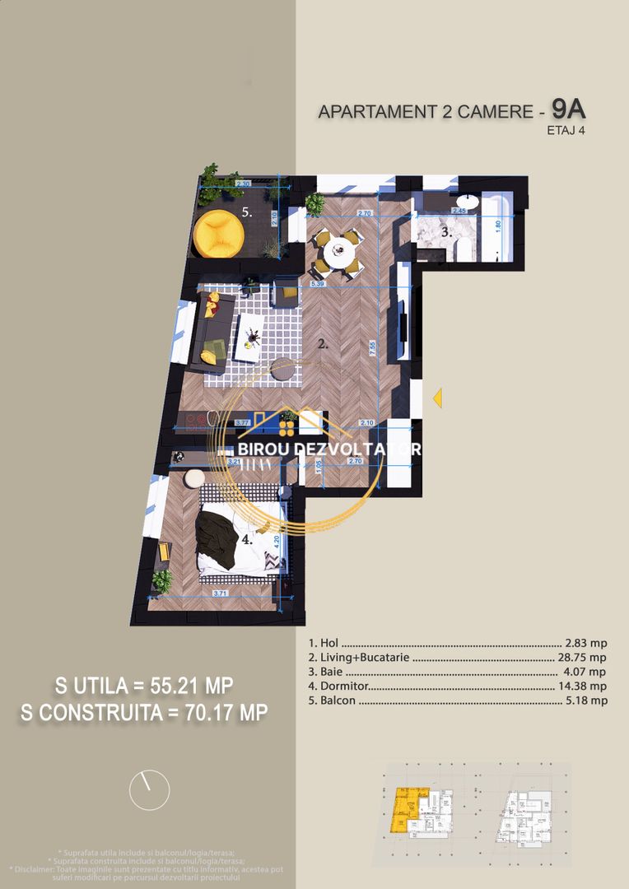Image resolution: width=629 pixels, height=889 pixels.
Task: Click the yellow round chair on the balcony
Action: [218, 234]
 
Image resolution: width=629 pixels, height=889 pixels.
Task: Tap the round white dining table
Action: [338, 253]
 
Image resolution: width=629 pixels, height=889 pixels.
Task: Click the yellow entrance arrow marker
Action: [438, 398]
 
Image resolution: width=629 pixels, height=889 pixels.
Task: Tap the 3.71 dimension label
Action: [220, 592]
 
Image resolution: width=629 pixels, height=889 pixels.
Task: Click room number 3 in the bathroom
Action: [446, 233]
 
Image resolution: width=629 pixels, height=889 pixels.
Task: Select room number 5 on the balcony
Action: [246, 212]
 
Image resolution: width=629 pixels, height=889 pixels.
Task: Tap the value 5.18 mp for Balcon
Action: [586, 700]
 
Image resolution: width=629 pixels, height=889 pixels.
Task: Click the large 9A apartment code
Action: [569, 108]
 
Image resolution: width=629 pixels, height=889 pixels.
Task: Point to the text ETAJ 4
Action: [565, 129]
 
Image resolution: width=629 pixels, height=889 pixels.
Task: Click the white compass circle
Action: [150, 790]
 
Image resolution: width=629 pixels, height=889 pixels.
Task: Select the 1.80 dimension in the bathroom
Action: [498, 223]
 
